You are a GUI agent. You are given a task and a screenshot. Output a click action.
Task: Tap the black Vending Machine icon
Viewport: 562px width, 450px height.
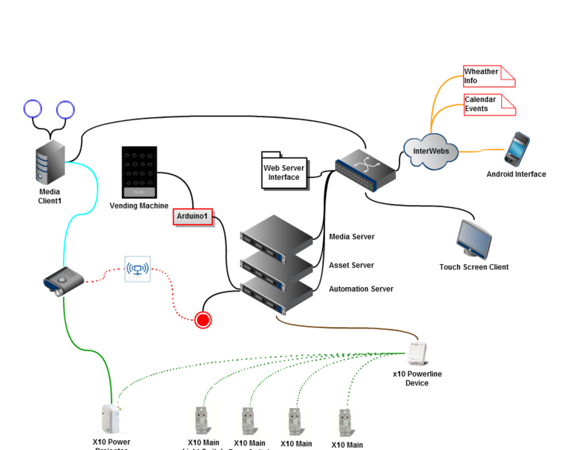click(x=139, y=172)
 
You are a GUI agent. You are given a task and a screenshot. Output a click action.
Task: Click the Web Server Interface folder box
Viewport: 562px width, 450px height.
click(x=283, y=172)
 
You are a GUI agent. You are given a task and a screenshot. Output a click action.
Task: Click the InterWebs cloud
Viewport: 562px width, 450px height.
click(x=431, y=151)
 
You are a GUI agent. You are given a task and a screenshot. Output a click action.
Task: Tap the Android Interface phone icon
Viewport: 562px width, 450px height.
click(x=516, y=149)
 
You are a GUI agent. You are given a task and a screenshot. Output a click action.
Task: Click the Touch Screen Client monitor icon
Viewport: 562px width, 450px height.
click(x=475, y=239)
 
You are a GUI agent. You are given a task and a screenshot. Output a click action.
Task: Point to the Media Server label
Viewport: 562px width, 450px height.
click(x=351, y=237)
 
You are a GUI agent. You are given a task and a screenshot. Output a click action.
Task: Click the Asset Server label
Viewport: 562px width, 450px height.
click(x=351, y=265)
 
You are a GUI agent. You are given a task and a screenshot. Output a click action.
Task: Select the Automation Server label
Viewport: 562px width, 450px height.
click(x=360, y=289)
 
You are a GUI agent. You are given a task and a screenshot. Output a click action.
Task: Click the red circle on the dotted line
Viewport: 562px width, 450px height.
click(x=202, y=320)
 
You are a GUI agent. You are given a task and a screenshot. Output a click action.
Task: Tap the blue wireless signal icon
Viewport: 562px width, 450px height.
click(x=137, y=268)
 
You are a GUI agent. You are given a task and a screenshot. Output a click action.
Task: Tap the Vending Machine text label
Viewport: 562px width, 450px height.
click(x=139, y=205)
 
